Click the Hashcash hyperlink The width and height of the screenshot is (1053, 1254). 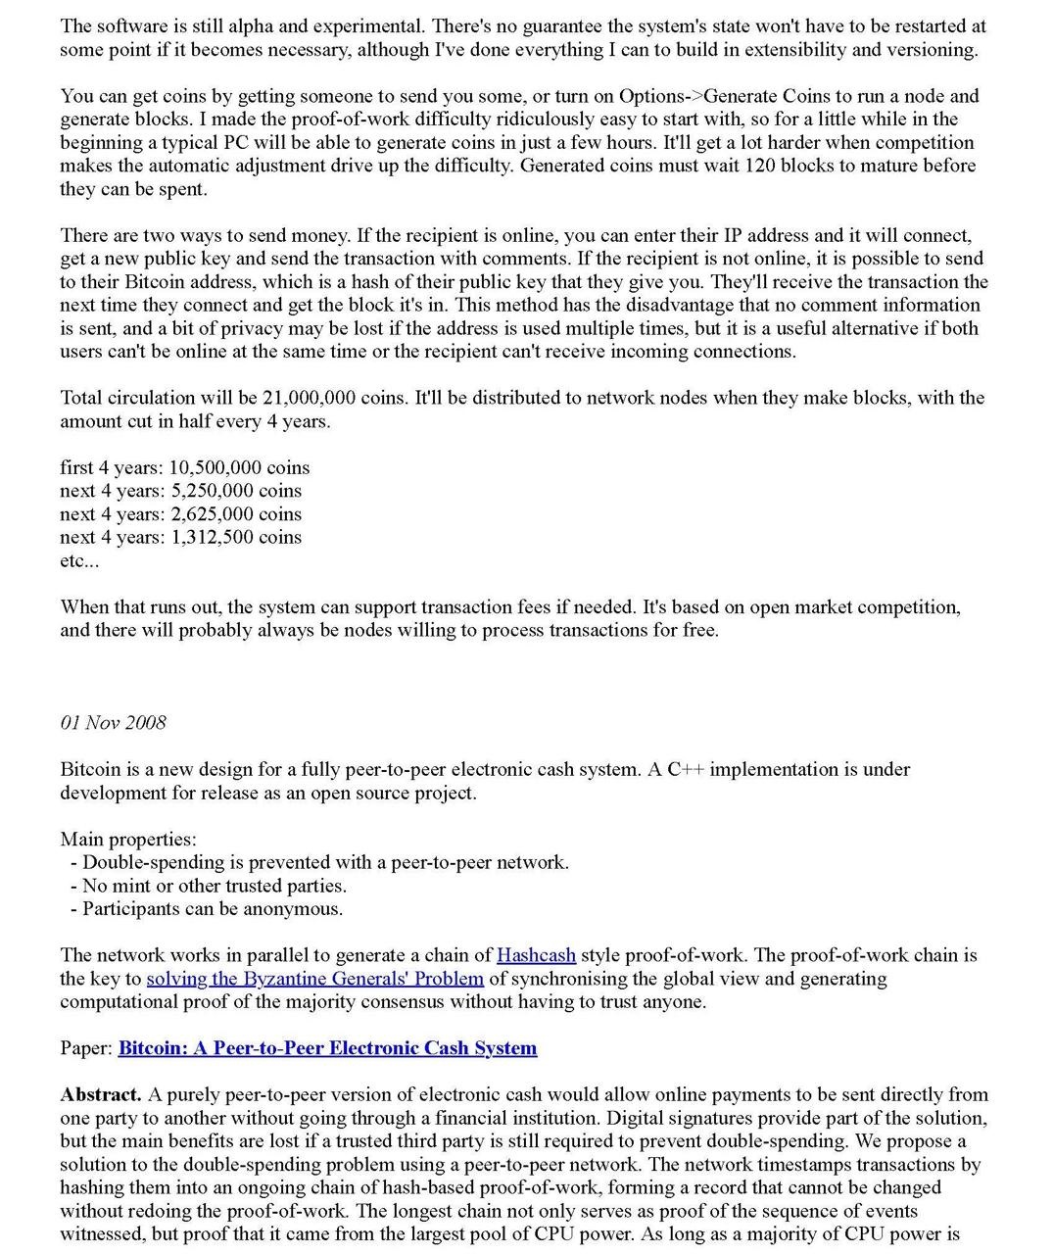click(x=536, y=955)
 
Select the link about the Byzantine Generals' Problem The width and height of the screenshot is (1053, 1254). click(x=314, y=979)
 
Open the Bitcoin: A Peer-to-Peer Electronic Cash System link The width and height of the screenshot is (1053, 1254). click(x=327, y=1048)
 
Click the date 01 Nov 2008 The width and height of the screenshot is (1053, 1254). click(x=113, y=723)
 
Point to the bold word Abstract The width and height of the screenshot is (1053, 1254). click(x=100, y=1094)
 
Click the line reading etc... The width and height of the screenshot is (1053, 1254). click(x=79, y=561)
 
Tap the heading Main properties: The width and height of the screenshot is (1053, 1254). click(x=127, y=840)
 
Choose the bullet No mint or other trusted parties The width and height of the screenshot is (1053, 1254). click(x=214, y=886)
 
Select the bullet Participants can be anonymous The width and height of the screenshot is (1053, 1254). click(x=212, y=909)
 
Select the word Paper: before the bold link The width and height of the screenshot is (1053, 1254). click(x=86, y=1048)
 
